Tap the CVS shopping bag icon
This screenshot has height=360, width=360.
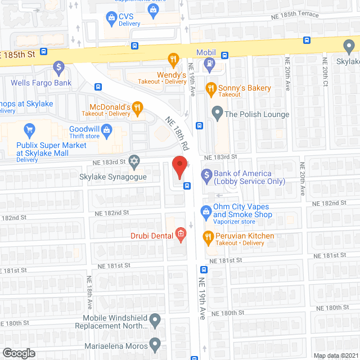click(x=109, y=17)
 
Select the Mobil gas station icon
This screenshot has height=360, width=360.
click(x=209, y=63)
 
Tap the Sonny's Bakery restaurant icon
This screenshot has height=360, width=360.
click(x=211, y=88)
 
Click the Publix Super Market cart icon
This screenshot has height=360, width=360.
click(x=30, y=132)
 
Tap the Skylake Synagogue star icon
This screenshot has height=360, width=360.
click(x=134, y=162)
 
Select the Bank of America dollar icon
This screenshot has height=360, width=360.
click(x=206, y=175)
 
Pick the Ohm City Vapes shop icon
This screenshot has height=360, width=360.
click(x=206, y=211)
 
